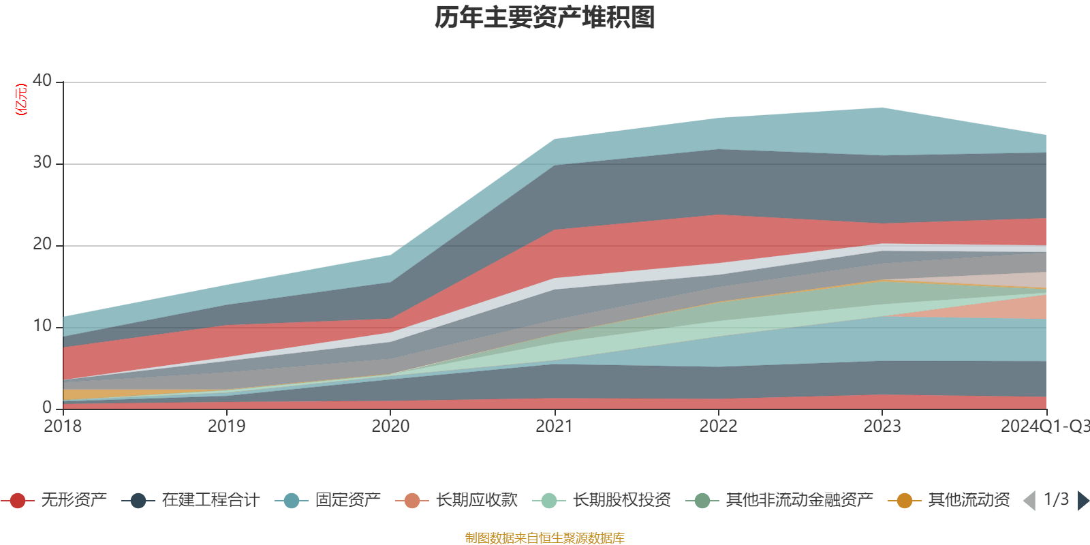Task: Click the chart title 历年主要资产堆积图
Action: [x=545, y=18]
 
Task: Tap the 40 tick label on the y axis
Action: [x=42, y=80]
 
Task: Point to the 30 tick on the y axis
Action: [x=42, y=163]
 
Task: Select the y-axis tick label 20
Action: [x=42, y=245]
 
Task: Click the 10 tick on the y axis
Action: [x=42, y=326]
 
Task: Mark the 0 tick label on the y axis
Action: [x=47, y=407]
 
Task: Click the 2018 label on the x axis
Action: [x=63, y=426]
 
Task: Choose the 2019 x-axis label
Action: [x=226, y=426]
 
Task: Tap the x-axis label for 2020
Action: [x=390, y=426]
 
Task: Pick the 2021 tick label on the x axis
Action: [x=555, y=426]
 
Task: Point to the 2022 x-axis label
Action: [x=718, y=426]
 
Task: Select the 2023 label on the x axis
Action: [x=882, y=426]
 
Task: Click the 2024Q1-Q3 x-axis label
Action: [x=1044, y=426]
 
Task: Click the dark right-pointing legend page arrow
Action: [x=1083, y=501]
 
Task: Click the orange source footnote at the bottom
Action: [x=545, y=538]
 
